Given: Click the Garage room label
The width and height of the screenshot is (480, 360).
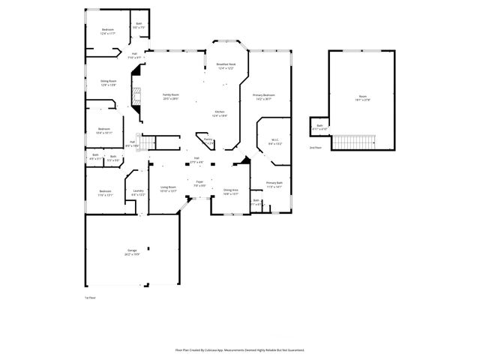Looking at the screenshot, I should click(132, 253).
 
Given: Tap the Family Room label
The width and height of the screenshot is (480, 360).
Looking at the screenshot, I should click(171, 96).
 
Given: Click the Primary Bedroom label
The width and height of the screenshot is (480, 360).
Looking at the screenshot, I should click(264, 97).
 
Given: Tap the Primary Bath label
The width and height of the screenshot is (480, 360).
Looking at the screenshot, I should click(274, 184).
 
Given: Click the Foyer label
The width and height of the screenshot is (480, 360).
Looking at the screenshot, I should click(199, 184).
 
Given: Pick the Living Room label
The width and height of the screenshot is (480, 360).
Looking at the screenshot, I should click(168, 189).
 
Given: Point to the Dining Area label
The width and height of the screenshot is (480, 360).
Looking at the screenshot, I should click(231, 192).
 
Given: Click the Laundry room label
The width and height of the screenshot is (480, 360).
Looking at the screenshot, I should click(138, 193).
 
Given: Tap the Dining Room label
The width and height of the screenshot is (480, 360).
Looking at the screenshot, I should click(109, 82).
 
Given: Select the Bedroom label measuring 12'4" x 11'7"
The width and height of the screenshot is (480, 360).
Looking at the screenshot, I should click(107, 31).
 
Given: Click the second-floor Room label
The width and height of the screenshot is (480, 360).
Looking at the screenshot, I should click(362, 98).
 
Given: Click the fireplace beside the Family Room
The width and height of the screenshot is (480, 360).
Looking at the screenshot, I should click(136, 97).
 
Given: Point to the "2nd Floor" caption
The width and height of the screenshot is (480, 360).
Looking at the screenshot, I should click(315, 148).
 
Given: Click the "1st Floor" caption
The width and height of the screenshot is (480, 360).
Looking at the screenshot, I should click(89, 298).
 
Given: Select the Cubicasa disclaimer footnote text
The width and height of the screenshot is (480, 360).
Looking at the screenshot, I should click(239, 349).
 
